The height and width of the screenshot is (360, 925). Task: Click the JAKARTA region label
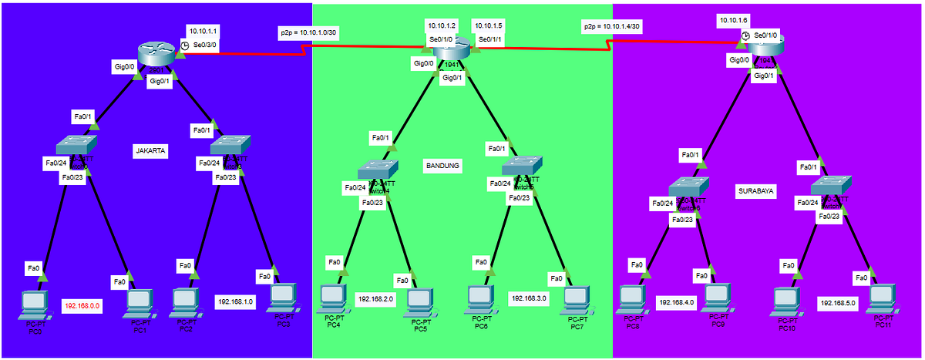coord(150,151)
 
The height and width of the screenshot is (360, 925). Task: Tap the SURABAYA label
coord(755,190)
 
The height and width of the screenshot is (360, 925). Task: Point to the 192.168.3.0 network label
coord(528,297)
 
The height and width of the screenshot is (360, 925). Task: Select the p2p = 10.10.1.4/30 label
coord(612,26)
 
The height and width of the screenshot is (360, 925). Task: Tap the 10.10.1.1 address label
coord(203,32)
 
